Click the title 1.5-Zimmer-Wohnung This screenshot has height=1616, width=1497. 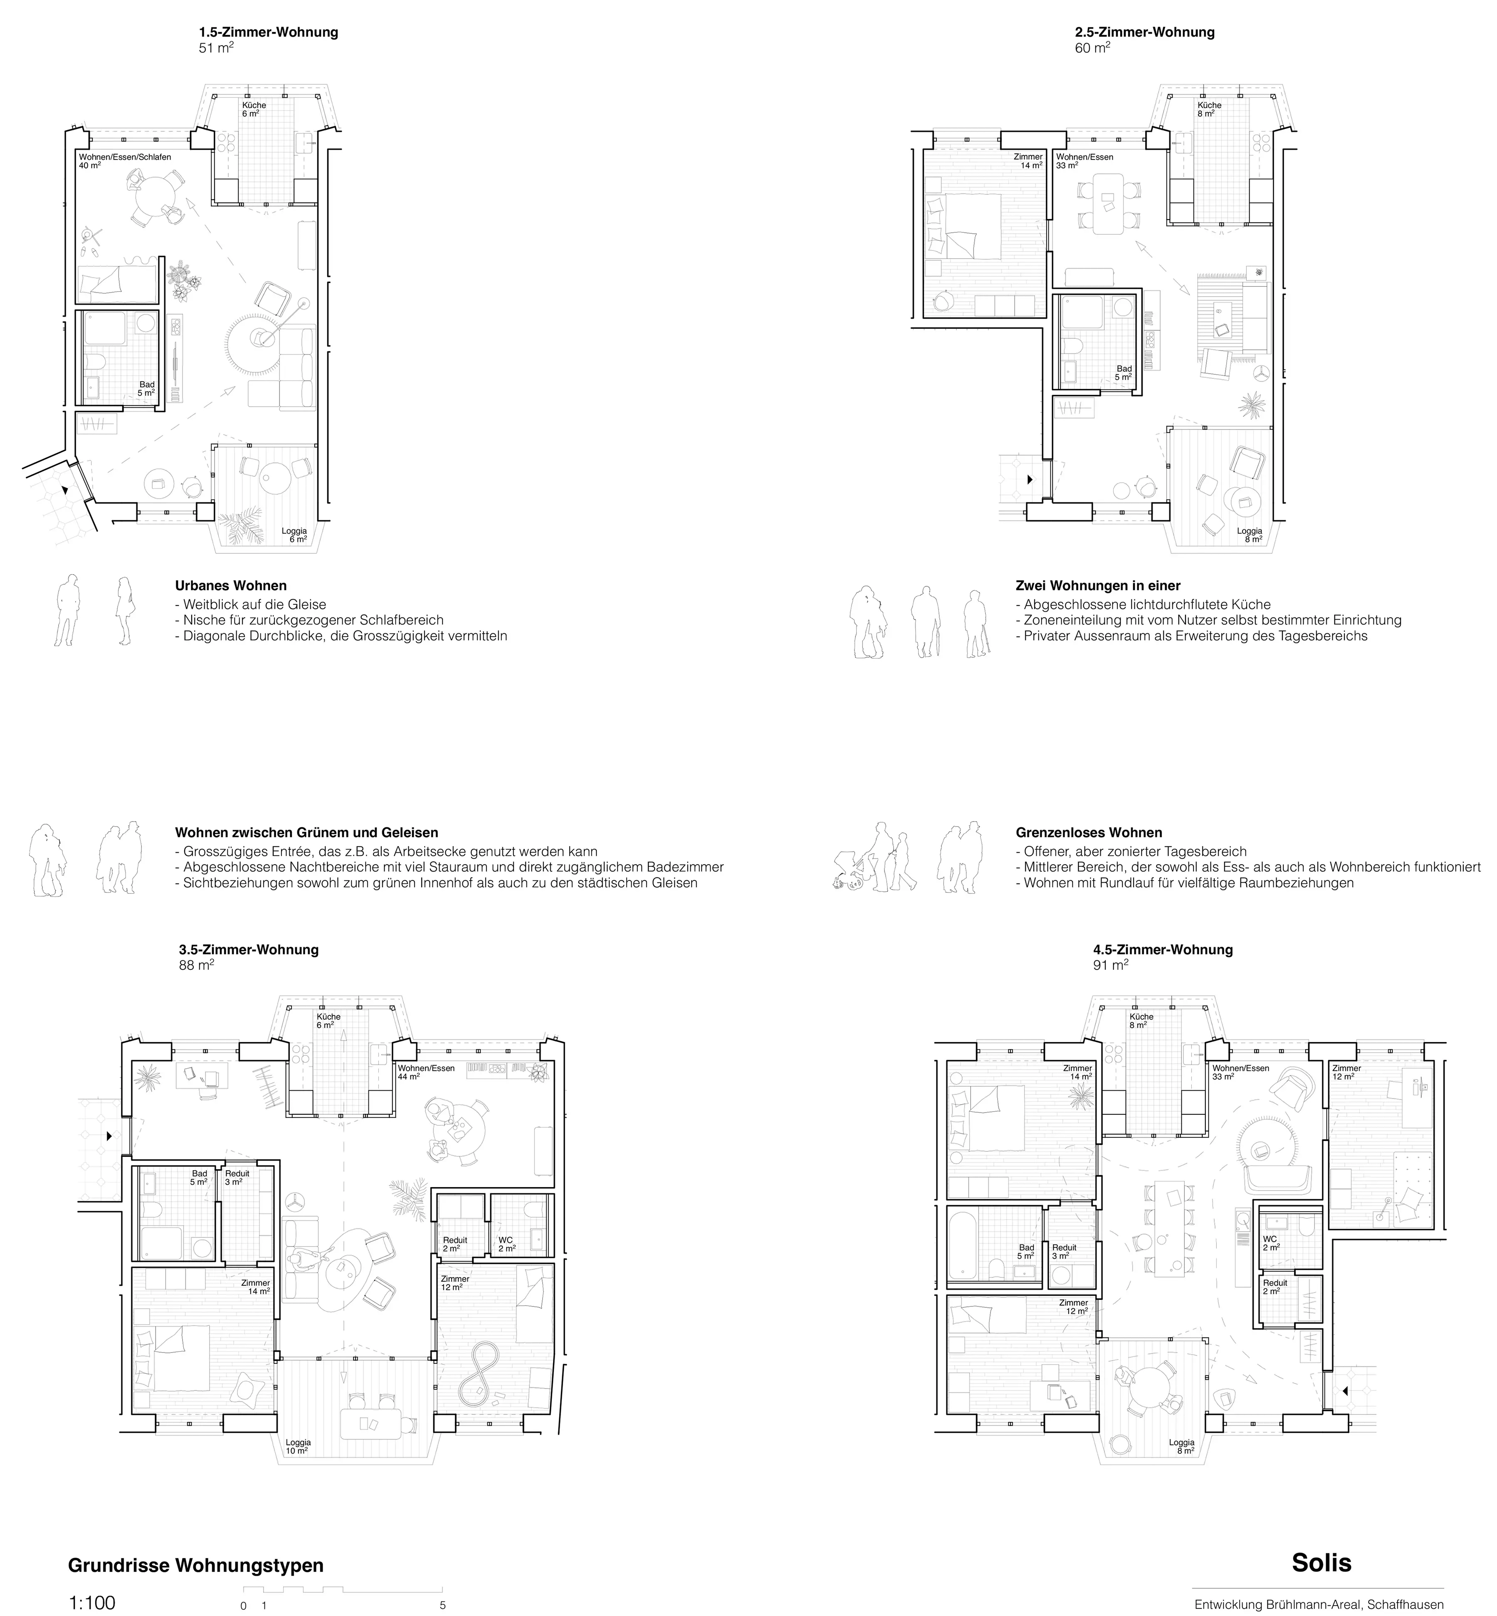(268, 32)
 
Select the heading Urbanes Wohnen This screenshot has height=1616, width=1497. (231, 585)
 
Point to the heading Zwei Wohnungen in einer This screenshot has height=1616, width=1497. (1098, 585)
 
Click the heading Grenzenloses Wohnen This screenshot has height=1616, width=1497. (1089, 832)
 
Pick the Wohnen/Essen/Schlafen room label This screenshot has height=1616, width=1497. (125, 156)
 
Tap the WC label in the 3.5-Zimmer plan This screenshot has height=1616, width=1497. (506, 1240)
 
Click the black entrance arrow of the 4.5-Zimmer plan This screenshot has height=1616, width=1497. (1344, 1391)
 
